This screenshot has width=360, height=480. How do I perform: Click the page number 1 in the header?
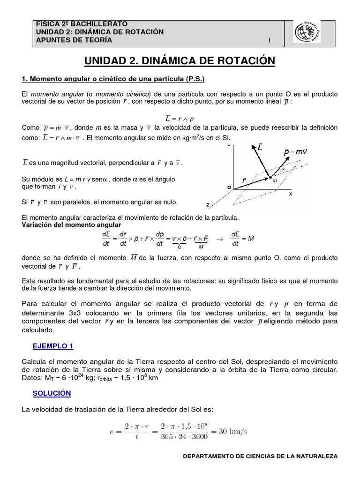[x=270, y=40]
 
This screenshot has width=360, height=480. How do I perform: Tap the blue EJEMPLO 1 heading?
[x=53, y=346]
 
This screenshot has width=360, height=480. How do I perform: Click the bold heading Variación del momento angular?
[x=65, y=225]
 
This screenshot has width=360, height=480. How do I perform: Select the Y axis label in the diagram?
[x=229, y=146]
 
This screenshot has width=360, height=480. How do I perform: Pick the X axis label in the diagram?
[x=290, y=193]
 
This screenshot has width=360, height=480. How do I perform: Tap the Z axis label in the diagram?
[x=208, y=205]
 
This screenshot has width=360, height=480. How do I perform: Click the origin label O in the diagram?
[x=229, y=187]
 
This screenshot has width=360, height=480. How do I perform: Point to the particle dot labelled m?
[x=270, y=177]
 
